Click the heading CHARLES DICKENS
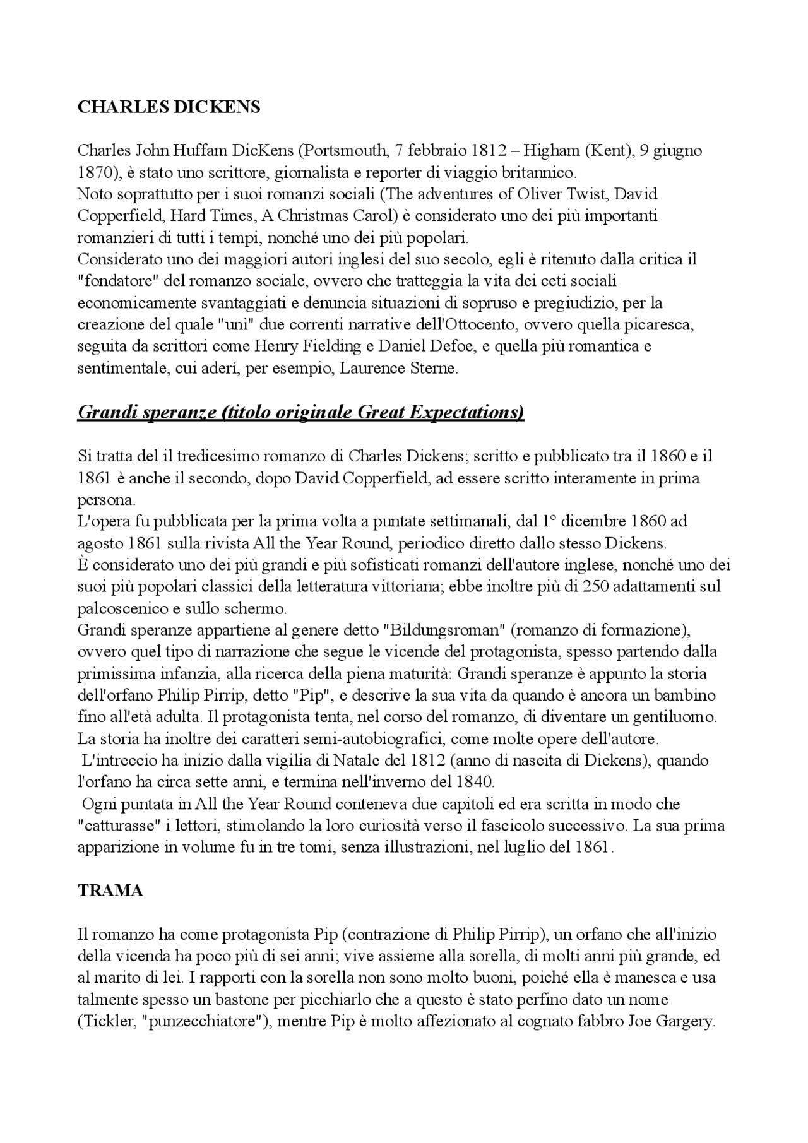169,107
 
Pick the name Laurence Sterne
398,369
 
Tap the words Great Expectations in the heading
439,412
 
